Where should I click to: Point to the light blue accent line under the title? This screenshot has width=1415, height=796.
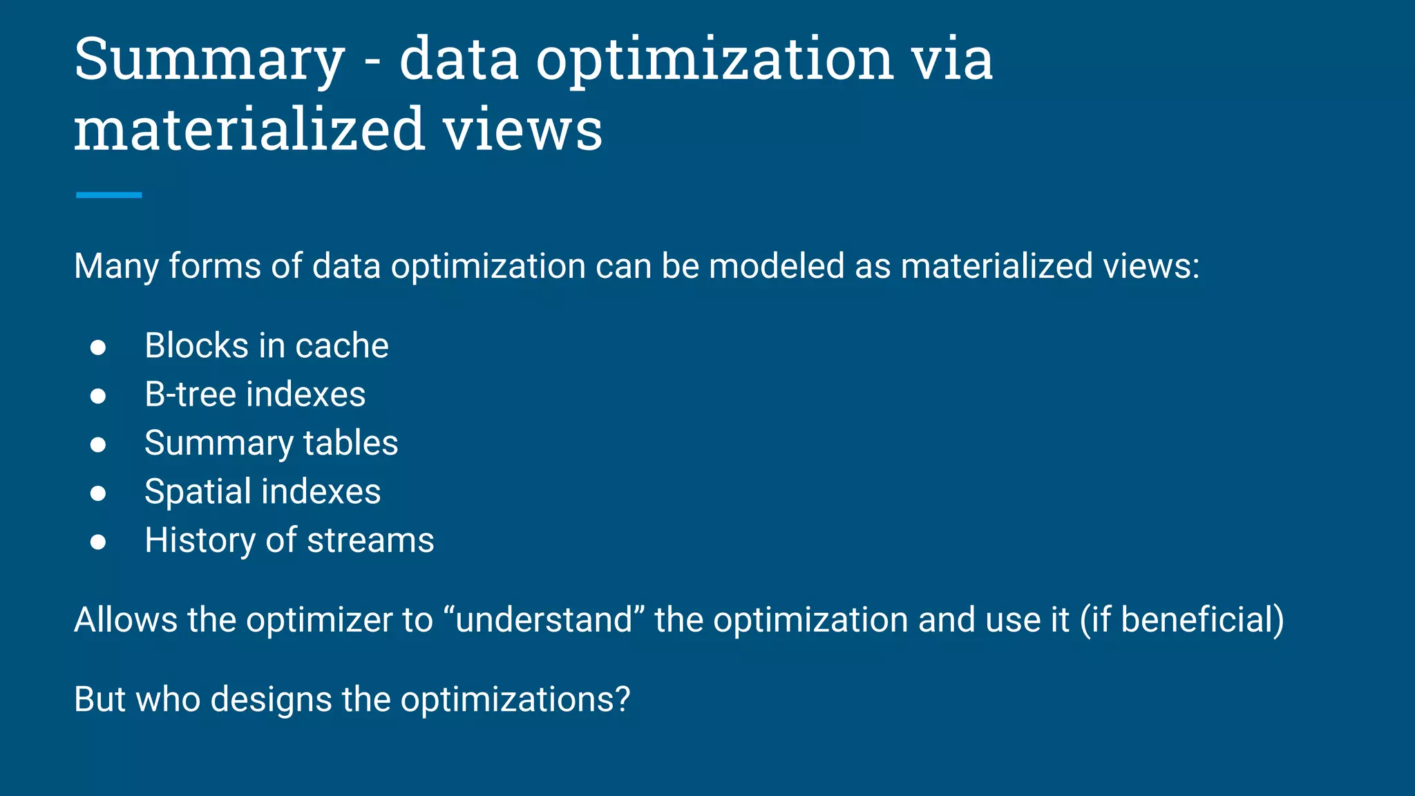click(108, 196)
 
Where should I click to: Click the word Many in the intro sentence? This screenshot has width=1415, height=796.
click(116, 267)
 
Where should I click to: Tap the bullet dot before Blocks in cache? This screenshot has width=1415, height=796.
click(98, 347)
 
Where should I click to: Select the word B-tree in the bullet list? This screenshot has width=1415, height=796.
click(190, 395)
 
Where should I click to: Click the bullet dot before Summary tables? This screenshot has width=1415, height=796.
click(98, 444)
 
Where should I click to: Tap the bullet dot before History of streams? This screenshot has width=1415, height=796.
click(98, 542)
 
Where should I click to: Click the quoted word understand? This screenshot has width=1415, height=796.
click(544, 620)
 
